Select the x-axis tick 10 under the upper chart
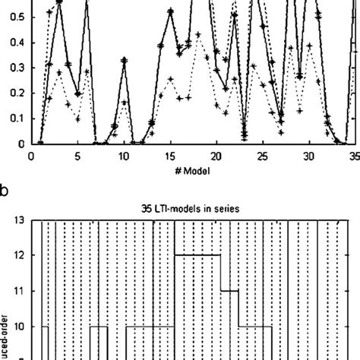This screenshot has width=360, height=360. point(124,155)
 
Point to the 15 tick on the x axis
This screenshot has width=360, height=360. point(170,155)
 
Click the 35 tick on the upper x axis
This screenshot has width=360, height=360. point(354,155)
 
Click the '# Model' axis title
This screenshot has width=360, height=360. point(192,171)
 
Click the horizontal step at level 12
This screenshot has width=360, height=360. point(197,255)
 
